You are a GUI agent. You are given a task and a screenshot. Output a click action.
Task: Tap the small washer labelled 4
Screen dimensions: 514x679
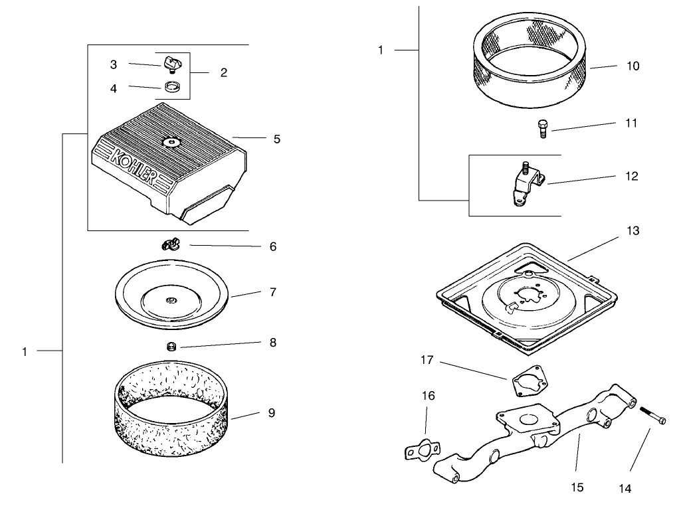click(173, 87)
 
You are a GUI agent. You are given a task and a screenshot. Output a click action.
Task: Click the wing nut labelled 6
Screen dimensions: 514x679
click(171, 245)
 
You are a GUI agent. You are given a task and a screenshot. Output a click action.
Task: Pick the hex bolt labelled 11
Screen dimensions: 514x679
click(542, 128)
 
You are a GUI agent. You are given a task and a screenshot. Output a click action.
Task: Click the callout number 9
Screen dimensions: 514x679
click(271, 412)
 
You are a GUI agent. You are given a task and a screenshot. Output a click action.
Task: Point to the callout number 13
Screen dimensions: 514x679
click(632, 230)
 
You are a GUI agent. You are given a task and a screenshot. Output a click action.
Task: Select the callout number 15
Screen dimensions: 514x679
click(577, 487)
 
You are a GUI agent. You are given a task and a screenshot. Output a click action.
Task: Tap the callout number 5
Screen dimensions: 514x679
click(276, 139)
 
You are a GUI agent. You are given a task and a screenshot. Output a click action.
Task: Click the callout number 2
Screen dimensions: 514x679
click(223, 72)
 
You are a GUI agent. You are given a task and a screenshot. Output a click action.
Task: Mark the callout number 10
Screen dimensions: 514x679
click(632, 66)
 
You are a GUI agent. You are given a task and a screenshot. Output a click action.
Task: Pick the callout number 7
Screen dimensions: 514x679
click(272, 292)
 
